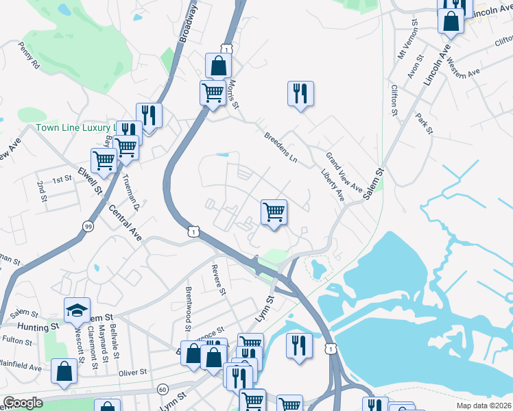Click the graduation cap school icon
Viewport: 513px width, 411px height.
(77, 310)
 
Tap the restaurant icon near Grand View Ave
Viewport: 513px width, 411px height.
(300, 94)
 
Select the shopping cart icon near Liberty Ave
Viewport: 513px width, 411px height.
(274, 213)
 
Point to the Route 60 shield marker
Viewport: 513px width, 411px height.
(162, 389)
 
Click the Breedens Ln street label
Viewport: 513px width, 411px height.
(280, 147)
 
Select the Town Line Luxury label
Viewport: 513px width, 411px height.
(77, 128)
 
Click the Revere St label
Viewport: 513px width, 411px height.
(219, 279)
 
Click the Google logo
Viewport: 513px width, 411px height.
(22, 403)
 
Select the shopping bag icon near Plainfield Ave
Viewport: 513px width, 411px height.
(64, 373)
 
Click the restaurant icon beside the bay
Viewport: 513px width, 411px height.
(299, 345)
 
